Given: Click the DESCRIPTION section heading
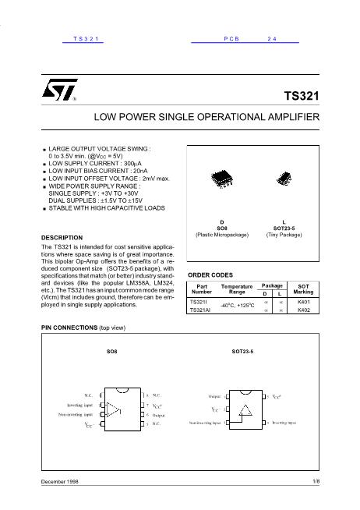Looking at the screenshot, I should click(x=61, y=236).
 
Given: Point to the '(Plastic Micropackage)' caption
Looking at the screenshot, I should click(x=221, y=234).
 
